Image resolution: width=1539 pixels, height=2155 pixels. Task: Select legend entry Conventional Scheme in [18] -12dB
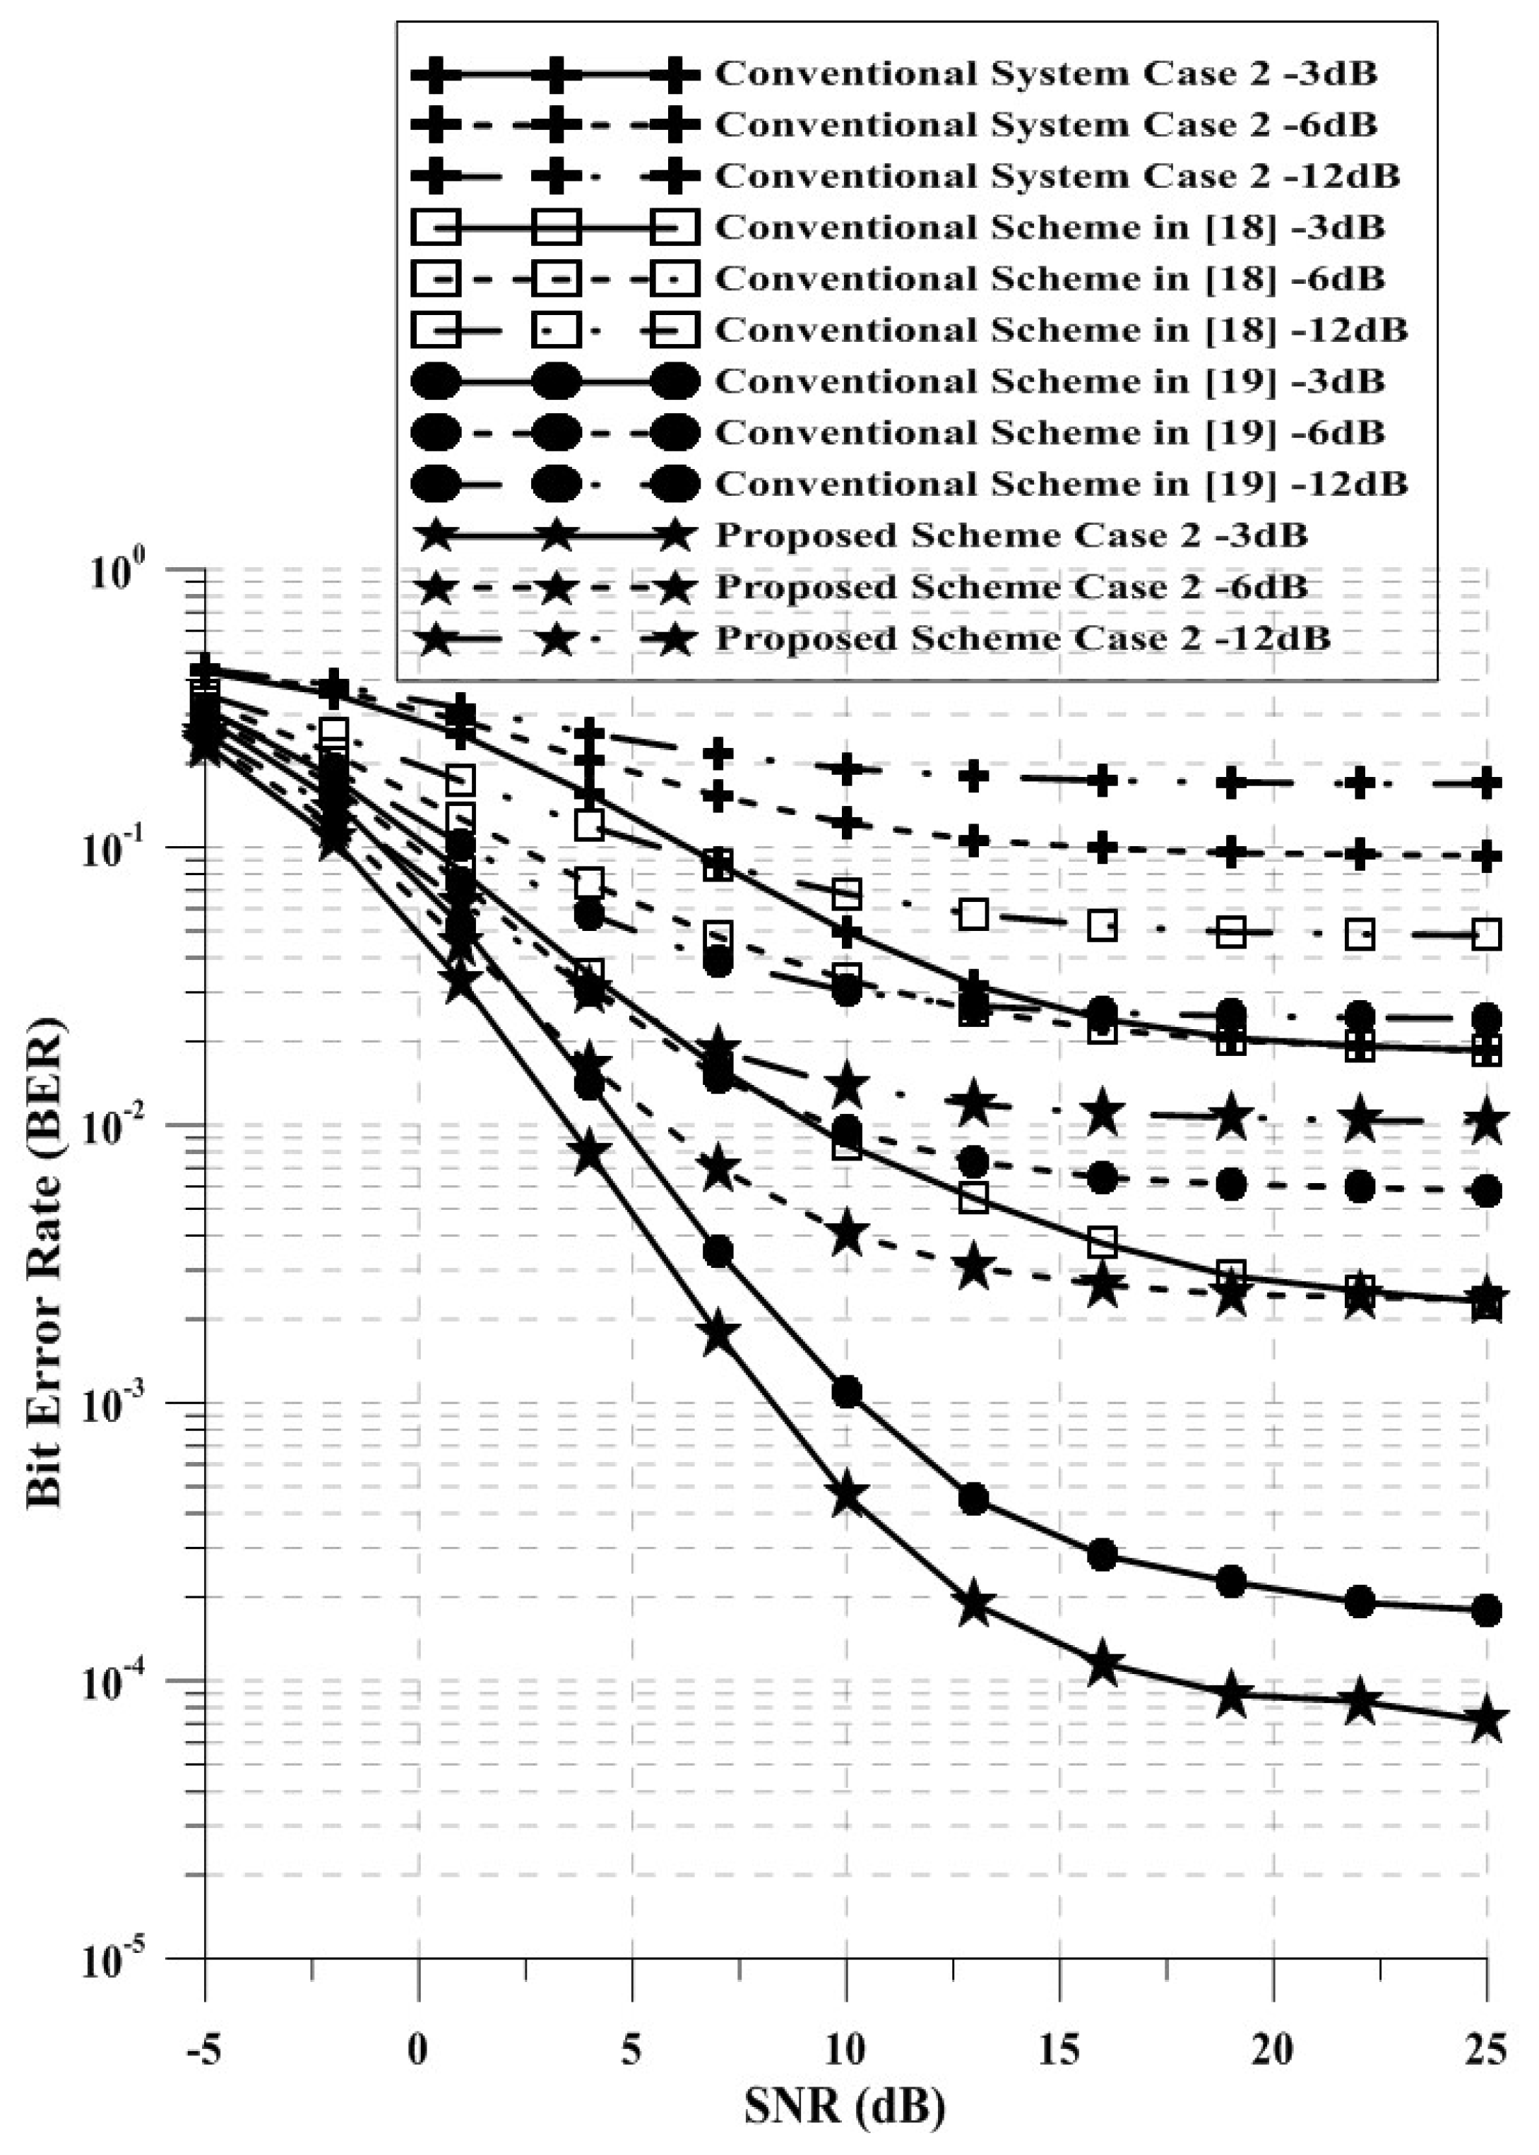tap(1059, 330)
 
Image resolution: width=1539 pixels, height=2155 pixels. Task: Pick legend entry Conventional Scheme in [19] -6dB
tap(1048, 432)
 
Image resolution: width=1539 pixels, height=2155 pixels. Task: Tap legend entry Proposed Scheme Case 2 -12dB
tap(1021, 638)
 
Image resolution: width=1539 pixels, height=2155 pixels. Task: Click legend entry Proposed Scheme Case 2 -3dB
tap(1010, 535)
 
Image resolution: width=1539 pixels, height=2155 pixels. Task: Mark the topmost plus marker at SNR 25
tap(1487, 783)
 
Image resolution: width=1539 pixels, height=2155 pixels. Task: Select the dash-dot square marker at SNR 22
tap(1359, 934)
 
